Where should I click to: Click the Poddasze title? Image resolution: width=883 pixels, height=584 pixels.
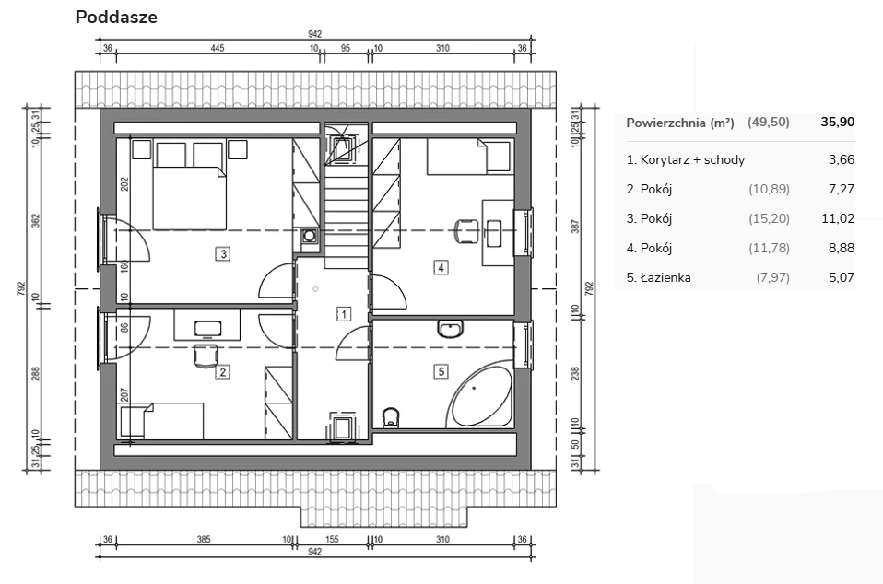pos(116,17)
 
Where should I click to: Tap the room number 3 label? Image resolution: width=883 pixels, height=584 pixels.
pos(224,253)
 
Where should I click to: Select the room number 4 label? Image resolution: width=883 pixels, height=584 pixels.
pos(441,267)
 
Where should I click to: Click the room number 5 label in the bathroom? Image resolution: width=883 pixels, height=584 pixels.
pos(441,371)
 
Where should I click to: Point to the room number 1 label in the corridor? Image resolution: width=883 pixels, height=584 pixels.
pos(344,313)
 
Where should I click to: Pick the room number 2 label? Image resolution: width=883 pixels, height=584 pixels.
pos(223,371)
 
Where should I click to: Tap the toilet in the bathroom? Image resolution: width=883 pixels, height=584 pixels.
pos(390,417)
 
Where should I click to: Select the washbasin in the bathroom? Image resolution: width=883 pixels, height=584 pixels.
pos(450,329)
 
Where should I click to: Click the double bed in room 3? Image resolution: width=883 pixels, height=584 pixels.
pos(189,197)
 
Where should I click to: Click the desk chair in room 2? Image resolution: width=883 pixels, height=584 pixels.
pos(206,355)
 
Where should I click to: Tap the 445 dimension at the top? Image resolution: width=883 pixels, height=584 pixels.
pos(218,48)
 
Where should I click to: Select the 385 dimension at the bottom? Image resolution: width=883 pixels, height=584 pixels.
pos(204,540)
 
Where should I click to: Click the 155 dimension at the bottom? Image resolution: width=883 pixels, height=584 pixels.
pos(332,540)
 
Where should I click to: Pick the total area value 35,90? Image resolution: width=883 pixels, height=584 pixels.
pos(838,122)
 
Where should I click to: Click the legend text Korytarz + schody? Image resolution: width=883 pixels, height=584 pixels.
pos(692,159)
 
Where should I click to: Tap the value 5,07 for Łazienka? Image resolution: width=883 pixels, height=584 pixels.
pos(842,277)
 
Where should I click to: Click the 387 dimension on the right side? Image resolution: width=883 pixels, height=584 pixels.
pos(575,227)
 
